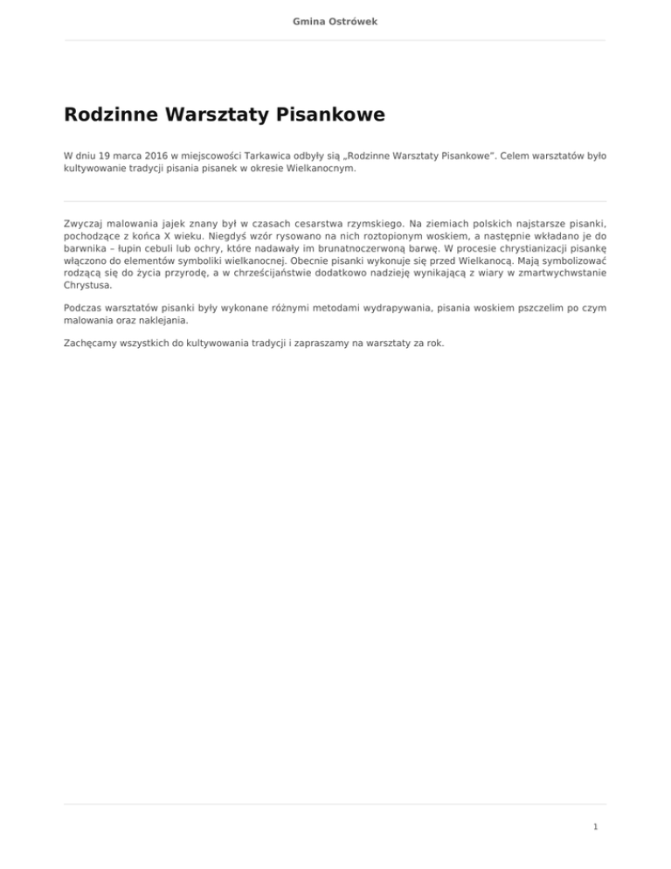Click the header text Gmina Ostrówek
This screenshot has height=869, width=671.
click(x=335, y=19)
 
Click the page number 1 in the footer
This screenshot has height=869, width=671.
click(x=594, y=824)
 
